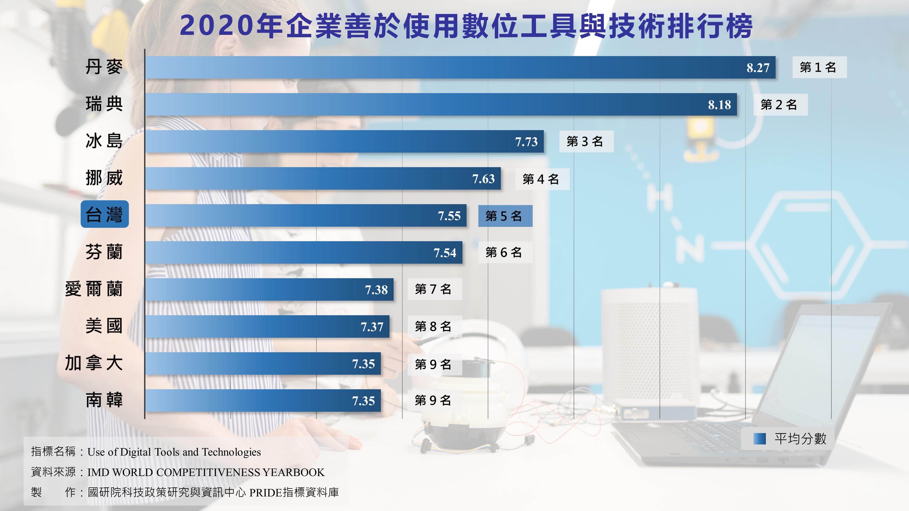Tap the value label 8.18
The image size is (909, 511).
[719, 105]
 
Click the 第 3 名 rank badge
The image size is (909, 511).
[586, 142]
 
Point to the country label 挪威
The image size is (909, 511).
[104, 178]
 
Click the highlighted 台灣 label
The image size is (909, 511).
[105, 214]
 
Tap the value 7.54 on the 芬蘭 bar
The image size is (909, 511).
[445, 253]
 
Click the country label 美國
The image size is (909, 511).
[104, 326]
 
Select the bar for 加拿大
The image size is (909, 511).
[263, 364]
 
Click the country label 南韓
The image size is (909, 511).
[104, 400]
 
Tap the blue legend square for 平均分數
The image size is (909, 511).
[759, 439]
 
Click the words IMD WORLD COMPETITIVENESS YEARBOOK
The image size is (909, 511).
[206, 472]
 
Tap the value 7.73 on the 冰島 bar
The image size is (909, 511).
[526, 142]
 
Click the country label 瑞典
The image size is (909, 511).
[104, 104]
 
